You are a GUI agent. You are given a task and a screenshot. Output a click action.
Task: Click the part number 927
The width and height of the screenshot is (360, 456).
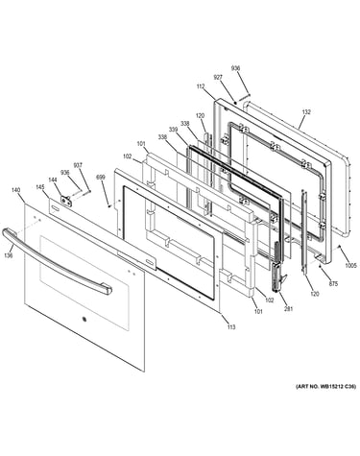click(x=218, y=78)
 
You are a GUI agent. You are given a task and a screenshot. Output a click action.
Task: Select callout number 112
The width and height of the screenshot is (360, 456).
click(x=201, y=86)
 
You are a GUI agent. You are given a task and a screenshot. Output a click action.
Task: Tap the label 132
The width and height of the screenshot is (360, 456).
click(x=306, y=112)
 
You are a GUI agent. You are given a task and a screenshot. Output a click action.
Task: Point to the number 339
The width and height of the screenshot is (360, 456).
click(x=173, y=130)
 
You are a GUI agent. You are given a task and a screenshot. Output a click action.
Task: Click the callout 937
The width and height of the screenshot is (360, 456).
click(x=78, y=165)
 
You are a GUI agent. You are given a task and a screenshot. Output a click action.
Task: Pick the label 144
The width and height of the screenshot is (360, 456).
click(x=53, y=180)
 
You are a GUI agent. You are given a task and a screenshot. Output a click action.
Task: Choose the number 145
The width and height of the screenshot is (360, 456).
click(x=40, y=187)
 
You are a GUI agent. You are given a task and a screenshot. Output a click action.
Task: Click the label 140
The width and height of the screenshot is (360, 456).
click(x=15, y=190)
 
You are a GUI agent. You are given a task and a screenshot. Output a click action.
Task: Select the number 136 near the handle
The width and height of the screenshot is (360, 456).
click(x=9, y=255)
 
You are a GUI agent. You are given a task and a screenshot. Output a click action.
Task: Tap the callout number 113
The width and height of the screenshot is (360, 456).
click(x=231, y=326)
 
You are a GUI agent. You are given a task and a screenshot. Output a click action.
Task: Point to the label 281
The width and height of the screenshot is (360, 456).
click(x=288, y=309)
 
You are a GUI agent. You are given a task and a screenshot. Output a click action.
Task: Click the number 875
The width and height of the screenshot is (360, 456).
click(x=333, y=283)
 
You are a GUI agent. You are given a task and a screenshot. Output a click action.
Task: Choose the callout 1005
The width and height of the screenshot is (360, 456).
click(x=350, y=265)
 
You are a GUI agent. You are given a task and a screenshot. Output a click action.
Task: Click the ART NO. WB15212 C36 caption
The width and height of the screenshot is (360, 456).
click(x=325, y=387)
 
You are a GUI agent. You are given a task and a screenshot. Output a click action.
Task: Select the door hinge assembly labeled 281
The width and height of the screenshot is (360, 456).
click(x=277, y=267)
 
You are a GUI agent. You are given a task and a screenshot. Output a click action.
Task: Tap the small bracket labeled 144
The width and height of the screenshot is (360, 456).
click(x=66, y=200)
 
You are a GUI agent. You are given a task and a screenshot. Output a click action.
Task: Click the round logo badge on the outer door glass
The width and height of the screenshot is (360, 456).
click(x=84, y=319)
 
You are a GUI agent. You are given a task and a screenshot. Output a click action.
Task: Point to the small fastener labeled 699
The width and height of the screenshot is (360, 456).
click(x=109, y=206)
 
